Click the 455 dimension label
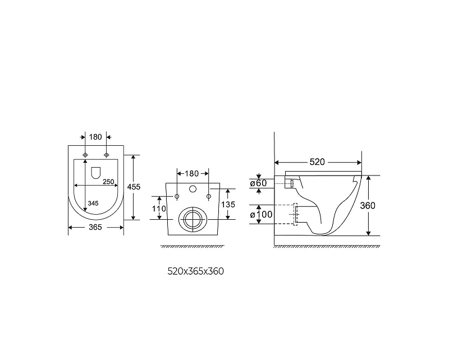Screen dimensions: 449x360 (x=134, y=187)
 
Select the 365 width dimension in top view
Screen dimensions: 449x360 (x=95, y=227)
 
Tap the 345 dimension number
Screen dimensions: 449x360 (x=93, y=203)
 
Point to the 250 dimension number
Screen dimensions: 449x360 (x=108, y=182)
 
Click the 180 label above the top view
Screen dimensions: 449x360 (x=95, y=137)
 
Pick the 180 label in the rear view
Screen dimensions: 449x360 (x=191, y=174)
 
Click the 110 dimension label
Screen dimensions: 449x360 (x=159, y=209)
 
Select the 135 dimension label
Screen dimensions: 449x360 (x=228, y=204)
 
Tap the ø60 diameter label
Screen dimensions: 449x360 (x=258, y=183)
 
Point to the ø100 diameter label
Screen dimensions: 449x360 (x=261, y=214)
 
